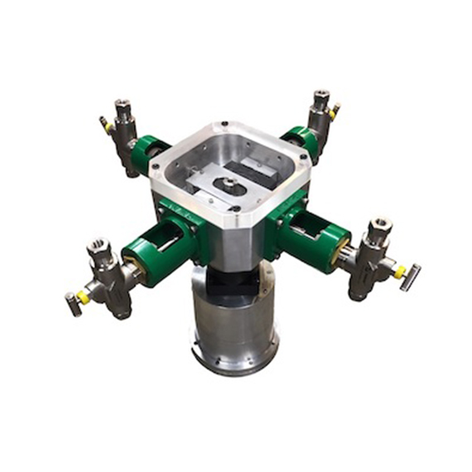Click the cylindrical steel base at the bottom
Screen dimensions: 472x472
point(234,331)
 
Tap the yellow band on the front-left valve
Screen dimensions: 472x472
point(83,296)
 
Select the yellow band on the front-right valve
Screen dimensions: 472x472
point(398,272)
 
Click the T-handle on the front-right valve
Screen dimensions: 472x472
point(411,277)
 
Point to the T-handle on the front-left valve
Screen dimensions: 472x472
point(73,304)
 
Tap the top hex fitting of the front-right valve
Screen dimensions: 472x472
point(380,225)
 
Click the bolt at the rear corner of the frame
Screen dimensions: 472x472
point(223,128)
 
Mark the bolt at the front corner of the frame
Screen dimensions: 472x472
point(238,210)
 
